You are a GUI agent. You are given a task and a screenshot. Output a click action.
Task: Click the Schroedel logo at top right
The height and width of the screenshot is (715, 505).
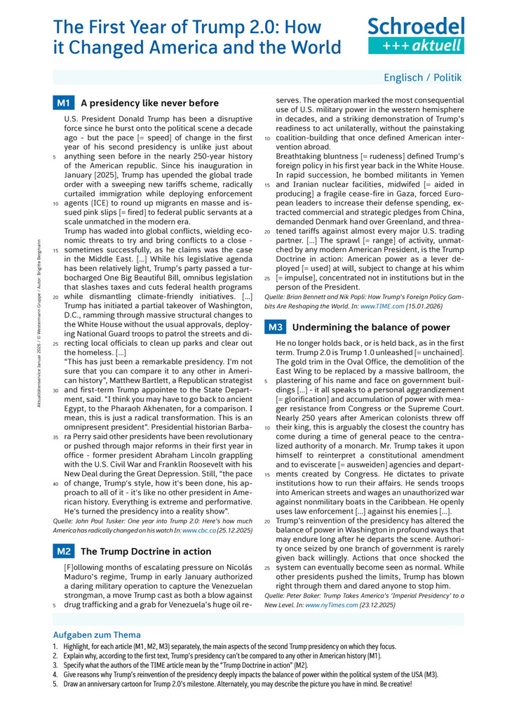tap(416, 36)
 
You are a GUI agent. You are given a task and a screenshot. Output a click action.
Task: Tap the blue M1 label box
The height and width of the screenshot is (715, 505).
tap(63, 103)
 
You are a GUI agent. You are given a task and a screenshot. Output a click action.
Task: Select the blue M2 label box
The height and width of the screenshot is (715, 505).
tap(63, 552)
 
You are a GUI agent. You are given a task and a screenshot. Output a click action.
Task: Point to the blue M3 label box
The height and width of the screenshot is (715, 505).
tap(275, 327)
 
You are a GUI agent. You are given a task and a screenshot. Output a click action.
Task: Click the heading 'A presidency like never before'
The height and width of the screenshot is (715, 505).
tap(149, 103)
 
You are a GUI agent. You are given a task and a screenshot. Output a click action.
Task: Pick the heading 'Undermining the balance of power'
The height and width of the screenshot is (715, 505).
tap(370, 327)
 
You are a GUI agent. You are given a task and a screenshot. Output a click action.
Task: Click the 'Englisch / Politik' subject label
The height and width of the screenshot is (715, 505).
tap(423, 77)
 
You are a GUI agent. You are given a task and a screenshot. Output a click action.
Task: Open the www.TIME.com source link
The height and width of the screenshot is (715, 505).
tap(381, 307)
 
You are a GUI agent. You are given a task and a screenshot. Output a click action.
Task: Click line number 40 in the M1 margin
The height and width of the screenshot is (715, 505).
tap(55, 483)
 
